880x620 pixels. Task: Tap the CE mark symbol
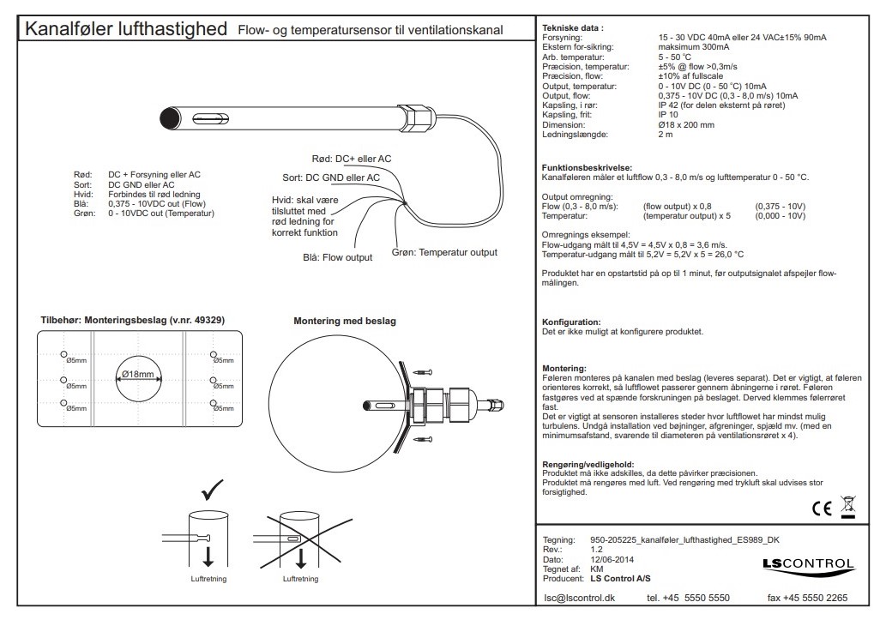[x=821, y=509]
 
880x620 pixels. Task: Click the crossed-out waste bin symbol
[x=848, y=507]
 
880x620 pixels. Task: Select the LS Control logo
[x=808, y=564]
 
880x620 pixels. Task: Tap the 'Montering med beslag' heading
[x=340, y=321]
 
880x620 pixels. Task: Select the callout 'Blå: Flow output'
[x=337, y=256]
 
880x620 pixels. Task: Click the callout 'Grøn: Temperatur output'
[x=445, y=252]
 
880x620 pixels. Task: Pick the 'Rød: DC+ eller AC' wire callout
[x=351, y=159]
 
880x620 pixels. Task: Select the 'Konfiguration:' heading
[x=571, y=321]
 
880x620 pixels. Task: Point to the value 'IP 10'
[x=667, y=114]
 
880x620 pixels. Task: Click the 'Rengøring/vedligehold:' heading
[x=588, y=464]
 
